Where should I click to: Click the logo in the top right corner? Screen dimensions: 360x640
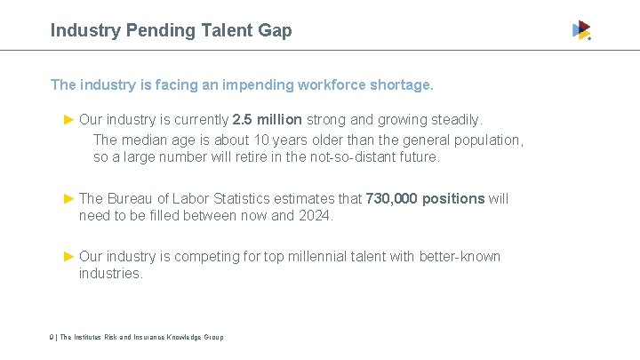point(581,30)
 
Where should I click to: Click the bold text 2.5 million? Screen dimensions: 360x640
point(267,119)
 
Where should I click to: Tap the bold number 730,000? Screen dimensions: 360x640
point(391,198)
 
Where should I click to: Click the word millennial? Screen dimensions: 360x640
point(325,256)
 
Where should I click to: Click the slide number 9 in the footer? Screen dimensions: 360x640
point(52,337)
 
